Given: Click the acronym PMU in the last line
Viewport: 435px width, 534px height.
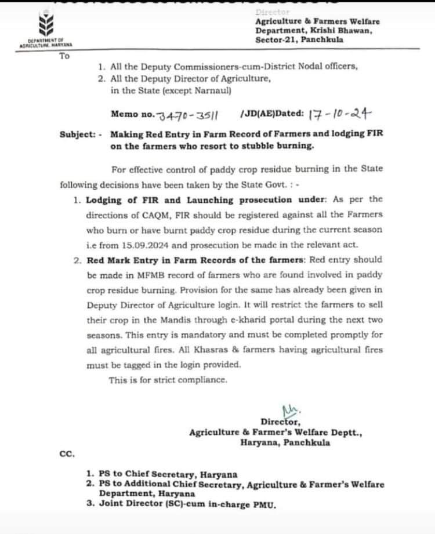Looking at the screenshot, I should click(267, 505).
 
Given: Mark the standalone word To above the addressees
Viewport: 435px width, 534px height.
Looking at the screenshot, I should click(64, 56).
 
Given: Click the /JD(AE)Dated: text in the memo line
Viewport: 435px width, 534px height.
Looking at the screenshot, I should click(269, 115).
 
